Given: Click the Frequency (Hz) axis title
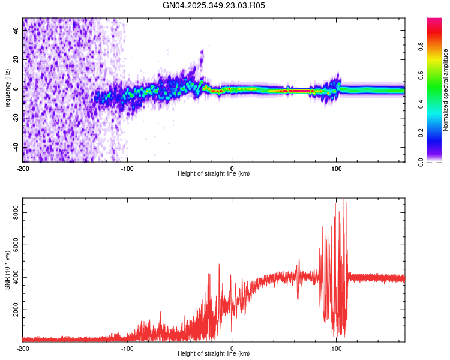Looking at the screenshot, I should [x=7, y=90].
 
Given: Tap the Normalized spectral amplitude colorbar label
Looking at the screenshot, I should [x=446, y=90].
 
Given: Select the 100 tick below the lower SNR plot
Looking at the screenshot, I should [x=337, y=349].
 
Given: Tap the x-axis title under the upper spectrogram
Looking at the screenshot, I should [x=214, y=174].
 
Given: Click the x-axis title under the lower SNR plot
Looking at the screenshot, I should [x=214, y=354].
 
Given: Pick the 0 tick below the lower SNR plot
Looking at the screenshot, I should [x=232, y=349].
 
